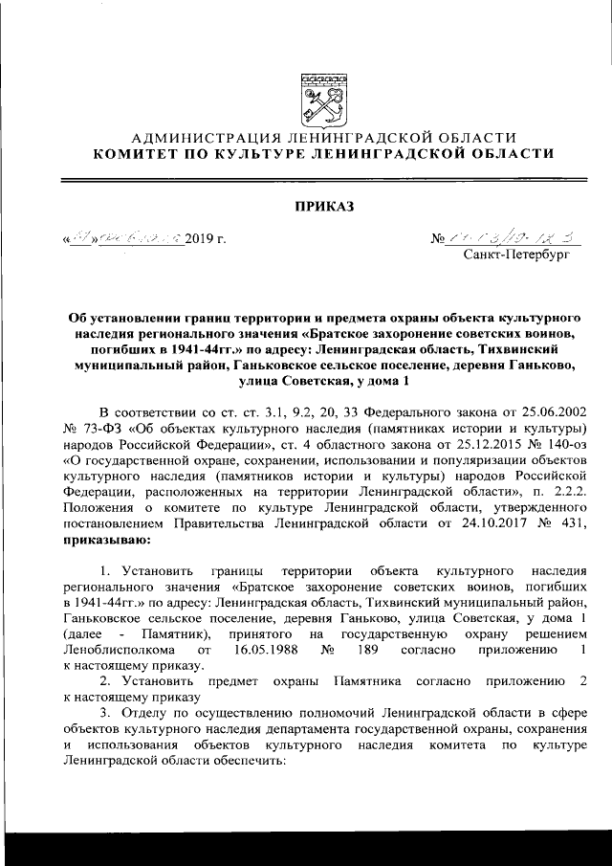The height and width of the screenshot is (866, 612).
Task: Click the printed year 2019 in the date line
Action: coord(202,235)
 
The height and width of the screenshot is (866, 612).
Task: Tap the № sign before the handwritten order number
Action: coord(440,236)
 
